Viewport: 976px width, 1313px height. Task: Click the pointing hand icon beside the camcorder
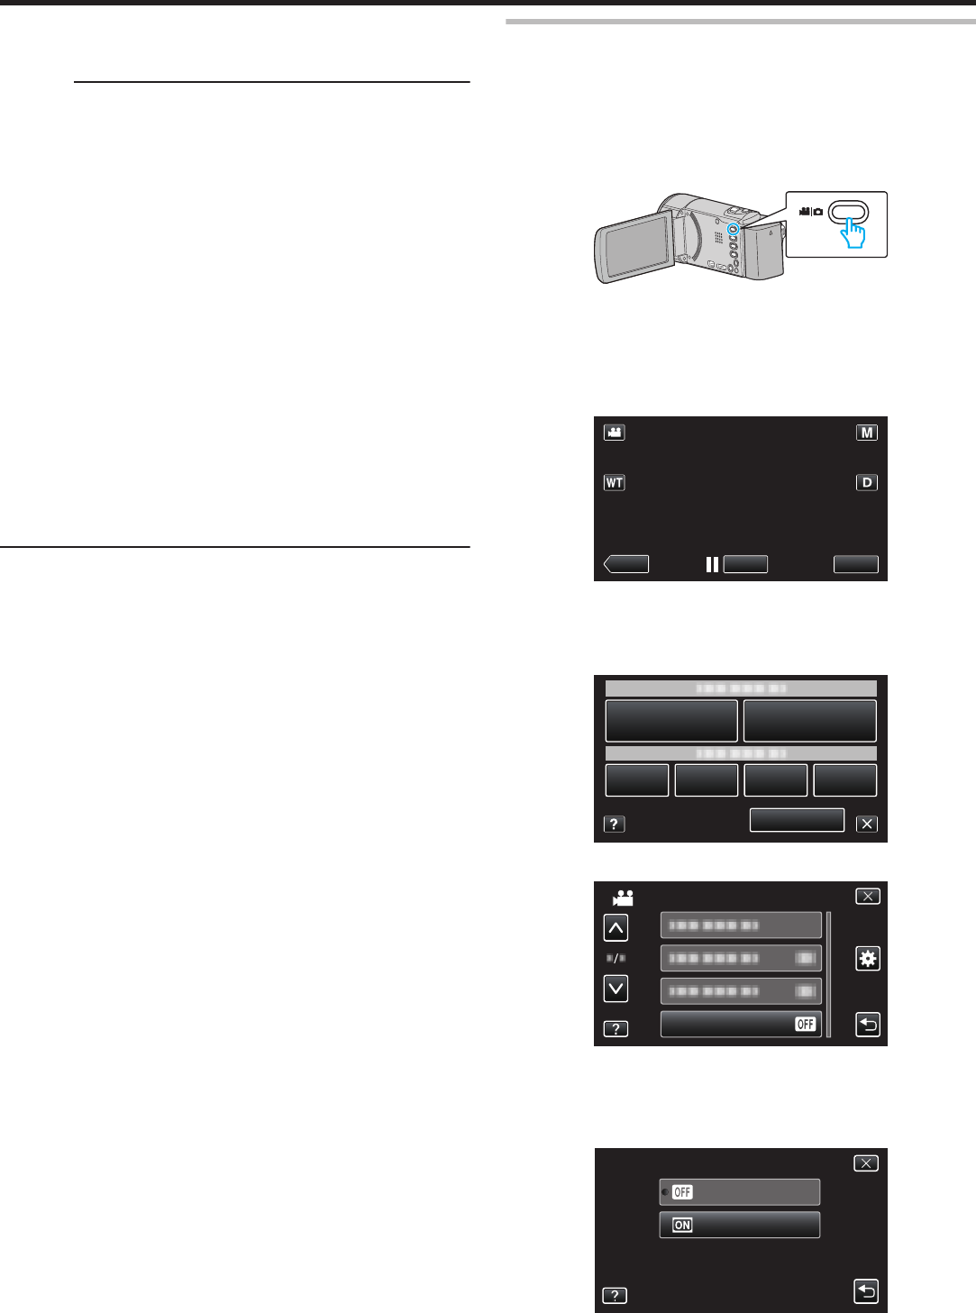(853, 233)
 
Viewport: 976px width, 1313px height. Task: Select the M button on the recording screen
(866, 433)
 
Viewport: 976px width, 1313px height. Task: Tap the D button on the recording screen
(866, 482)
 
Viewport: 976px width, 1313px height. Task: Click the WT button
(614, 482)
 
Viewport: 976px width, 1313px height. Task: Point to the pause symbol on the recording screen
(712, 564)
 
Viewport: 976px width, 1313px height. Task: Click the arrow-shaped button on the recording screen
(625, 564)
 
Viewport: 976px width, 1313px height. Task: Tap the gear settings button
(867, 958)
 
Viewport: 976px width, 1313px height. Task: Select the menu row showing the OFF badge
(741, 1024)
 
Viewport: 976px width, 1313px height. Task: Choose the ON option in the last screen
(739, 1225)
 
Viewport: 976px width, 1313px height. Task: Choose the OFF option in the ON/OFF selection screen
(739, 1192)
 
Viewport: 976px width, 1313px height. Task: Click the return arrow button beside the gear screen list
(867, 1025)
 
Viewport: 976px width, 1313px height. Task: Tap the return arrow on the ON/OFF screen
(865, 1291)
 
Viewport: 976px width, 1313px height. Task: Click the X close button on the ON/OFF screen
(865, 1163)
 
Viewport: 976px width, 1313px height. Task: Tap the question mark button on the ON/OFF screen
(615, 1295)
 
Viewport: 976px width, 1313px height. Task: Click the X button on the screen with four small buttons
(866, 824)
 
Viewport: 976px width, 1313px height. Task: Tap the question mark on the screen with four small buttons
(614, 824)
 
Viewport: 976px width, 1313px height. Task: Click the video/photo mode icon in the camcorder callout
(810, 212)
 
